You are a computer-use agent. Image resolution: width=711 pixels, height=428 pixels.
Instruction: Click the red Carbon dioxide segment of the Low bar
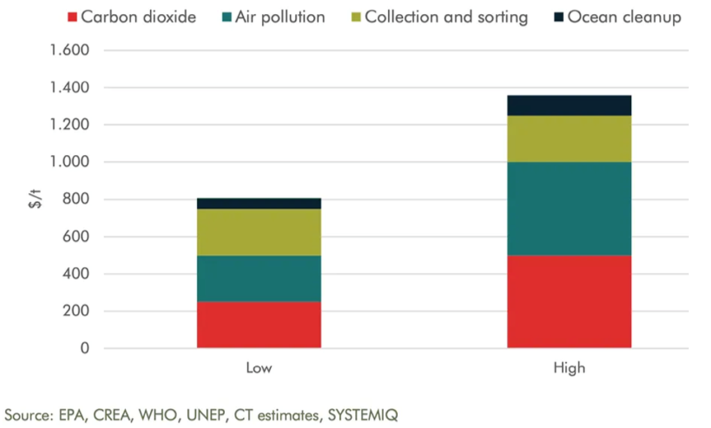click(x=259, y=324)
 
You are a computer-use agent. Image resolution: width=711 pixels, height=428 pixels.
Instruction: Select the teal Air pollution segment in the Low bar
click(x=259, y=279)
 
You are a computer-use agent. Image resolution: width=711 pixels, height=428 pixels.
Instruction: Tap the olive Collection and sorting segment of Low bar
click(x=259, y=232)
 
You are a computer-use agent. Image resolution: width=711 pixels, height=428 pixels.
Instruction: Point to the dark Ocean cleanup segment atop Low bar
click(x=259, y=204)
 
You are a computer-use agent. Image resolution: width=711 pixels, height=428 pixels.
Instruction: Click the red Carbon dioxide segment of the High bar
click(x=569, y=302)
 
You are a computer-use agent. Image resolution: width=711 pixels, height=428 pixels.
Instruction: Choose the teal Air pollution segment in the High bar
click(x=569, y=208)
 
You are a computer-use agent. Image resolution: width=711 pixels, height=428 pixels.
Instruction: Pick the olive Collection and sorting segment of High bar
click(x=569, y=139)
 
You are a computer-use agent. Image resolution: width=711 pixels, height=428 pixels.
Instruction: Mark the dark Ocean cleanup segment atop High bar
click(x=569, y=105)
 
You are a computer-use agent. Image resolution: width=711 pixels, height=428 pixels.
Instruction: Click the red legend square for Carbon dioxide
click(x=72, y=16)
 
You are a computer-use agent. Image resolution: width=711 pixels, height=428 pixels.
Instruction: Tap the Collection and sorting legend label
click(x=446, y=16)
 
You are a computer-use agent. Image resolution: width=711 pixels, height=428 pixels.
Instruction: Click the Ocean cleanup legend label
click(x=624, y=16)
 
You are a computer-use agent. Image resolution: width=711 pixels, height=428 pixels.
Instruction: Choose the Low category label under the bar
click(x=259, y=368)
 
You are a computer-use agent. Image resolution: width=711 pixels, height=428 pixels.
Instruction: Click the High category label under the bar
click(x=569, y=368)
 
